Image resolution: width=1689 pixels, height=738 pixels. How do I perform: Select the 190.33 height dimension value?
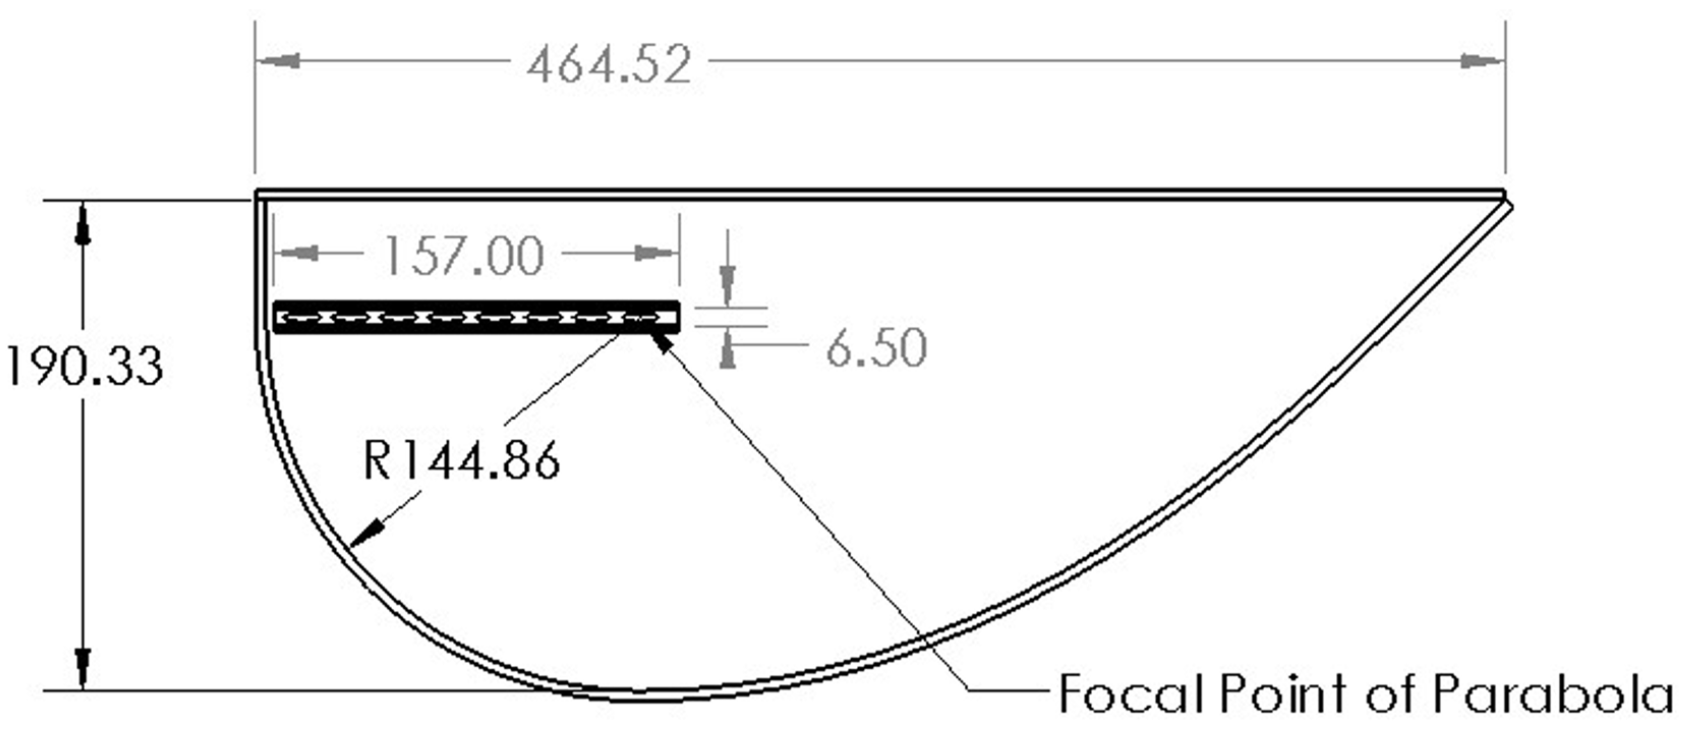tap(84, 366)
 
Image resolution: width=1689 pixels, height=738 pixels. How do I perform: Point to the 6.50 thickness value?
tap(876, 347)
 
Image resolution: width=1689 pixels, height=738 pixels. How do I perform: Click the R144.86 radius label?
tap(461, 461)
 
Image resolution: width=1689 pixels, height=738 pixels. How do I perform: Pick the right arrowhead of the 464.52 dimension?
tap(1481, 62)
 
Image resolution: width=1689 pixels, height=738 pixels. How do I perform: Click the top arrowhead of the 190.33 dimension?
tap(82, 226)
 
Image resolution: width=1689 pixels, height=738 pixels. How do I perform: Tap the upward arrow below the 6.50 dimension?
tap(727, 352)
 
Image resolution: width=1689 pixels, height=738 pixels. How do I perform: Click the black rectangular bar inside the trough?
tap(476, 318)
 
